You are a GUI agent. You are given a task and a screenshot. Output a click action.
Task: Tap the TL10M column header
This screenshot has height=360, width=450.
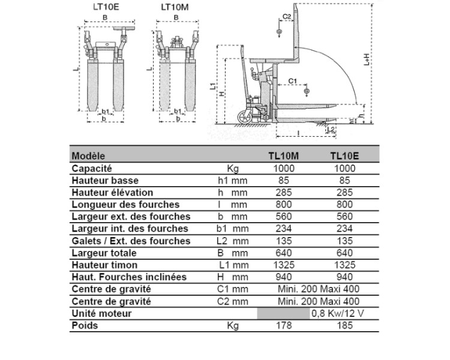(284, 156)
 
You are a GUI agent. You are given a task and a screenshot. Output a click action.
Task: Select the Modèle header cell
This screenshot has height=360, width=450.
(88, 156)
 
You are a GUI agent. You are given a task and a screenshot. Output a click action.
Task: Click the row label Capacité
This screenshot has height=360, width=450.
(91, 169)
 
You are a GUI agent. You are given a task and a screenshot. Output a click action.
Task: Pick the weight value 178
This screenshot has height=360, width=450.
(284, 326)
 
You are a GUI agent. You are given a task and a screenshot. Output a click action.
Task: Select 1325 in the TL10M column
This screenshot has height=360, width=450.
(284, 265)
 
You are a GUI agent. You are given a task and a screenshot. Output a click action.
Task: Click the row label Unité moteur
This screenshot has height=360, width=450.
(101, 313)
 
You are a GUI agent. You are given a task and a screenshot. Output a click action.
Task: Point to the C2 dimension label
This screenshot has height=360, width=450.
(286, 16)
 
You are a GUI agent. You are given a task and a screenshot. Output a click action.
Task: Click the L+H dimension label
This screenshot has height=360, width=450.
(367, 58)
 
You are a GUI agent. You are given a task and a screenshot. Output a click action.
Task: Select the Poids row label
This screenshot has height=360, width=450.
(85, 326)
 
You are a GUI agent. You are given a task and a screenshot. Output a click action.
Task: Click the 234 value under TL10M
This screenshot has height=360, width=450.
(284, 229)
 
